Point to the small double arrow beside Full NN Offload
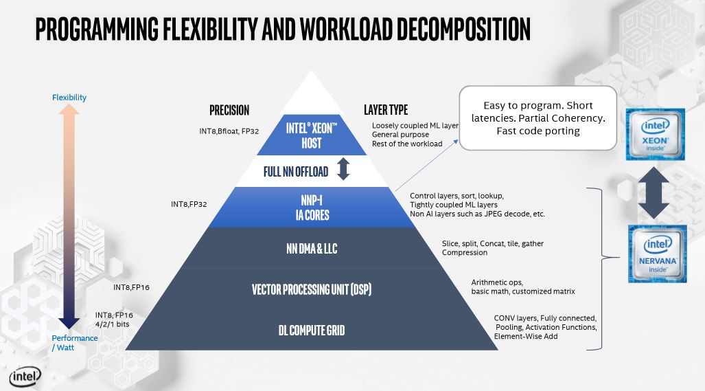pos(343,170)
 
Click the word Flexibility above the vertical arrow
pos(69,98)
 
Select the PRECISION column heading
pos(229,110)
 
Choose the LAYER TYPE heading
pos(386,110)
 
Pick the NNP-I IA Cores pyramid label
pos(313,208)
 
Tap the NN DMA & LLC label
pos(312,249)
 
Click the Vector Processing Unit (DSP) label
pos(312,289)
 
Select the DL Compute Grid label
pos(312,331)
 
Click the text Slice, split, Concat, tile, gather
pos(492,243)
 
